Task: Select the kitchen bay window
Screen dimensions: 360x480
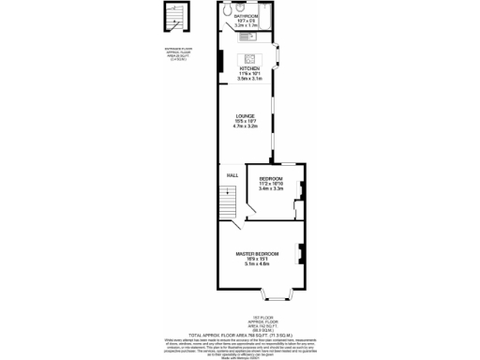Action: (x=278, y=56)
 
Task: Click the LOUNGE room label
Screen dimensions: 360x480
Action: (x=246, y=116)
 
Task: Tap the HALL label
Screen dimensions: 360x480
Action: (x=230, y=175)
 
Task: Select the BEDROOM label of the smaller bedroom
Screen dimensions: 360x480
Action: (x=271, y=178)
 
